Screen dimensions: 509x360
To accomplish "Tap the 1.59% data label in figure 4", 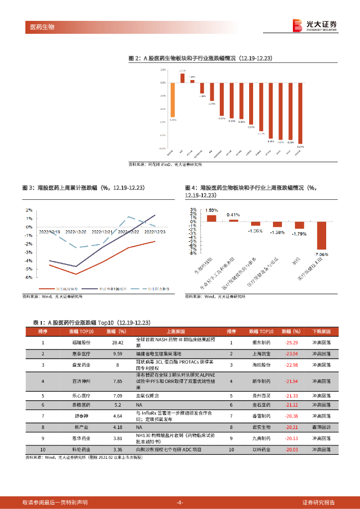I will pos(211,210).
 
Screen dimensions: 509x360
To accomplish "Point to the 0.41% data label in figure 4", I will pos(233,215).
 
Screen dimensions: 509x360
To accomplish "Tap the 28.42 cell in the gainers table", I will pos(118,342).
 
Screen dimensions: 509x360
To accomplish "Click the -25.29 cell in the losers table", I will pos(291,342).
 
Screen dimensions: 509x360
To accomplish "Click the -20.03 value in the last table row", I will pos(291,449).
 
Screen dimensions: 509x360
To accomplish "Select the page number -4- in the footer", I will pos(180,502).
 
